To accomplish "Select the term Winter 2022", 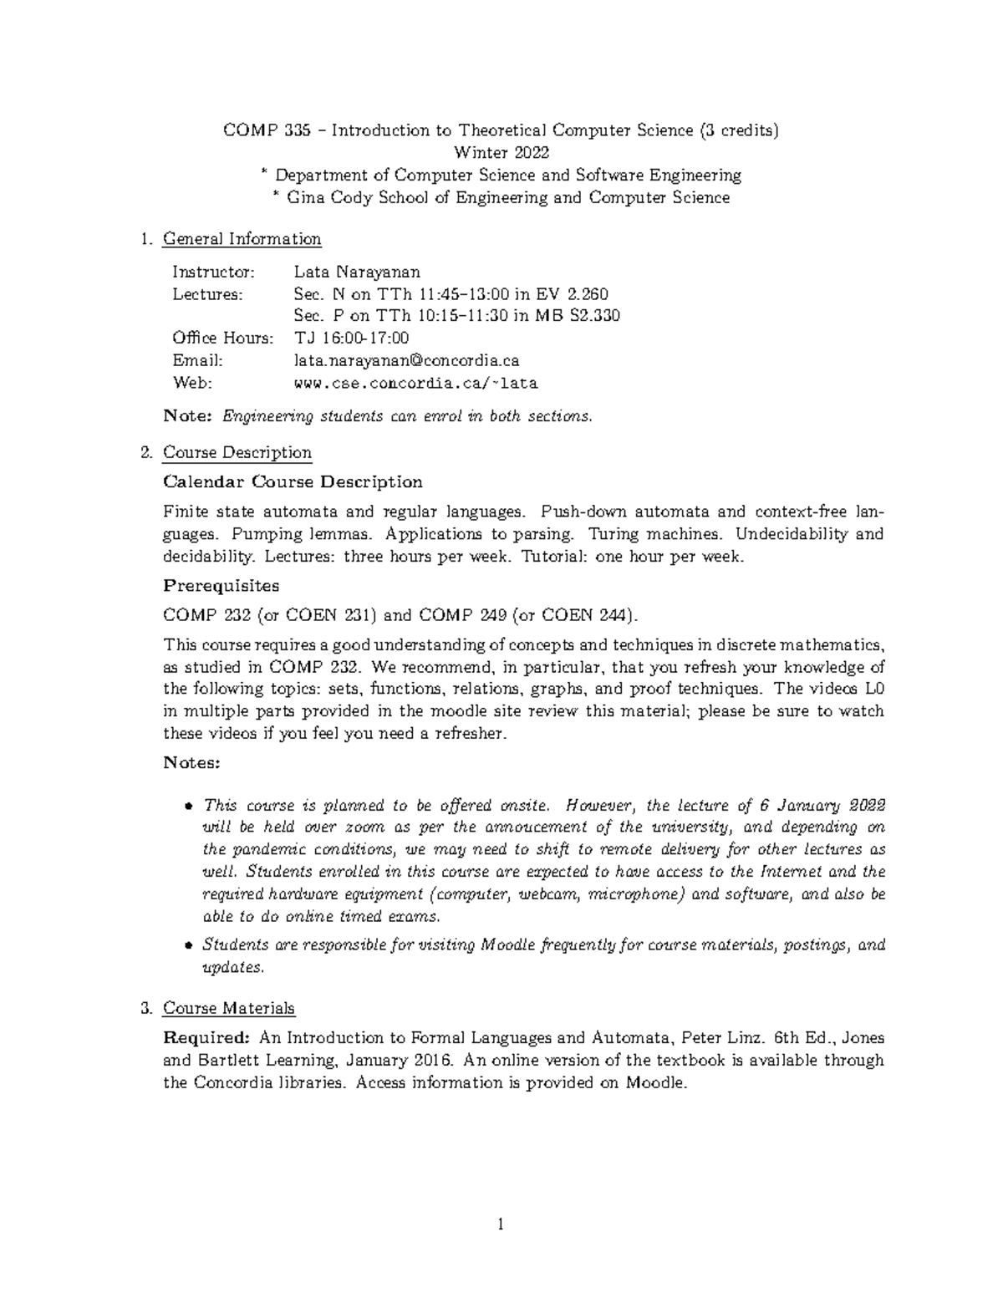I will tap(501, 152).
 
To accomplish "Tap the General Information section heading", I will tap(242, 239).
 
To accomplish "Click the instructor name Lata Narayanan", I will tap(357, 272).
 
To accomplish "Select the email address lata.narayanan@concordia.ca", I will tap(406, 360).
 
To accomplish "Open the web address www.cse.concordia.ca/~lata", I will tap(415, 384).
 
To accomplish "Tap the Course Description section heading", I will tap(237, 453).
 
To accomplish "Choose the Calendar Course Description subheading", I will tap(293, 482).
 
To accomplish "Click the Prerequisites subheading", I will tap(221, 585).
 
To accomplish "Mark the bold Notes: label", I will tap(191, 762).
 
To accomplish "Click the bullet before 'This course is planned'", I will tap(188, 807).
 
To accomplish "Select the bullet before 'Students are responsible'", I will tap(188, 946).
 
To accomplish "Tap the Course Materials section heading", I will tap(228, 1009).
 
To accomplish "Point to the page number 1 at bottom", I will tap(501, 1225).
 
